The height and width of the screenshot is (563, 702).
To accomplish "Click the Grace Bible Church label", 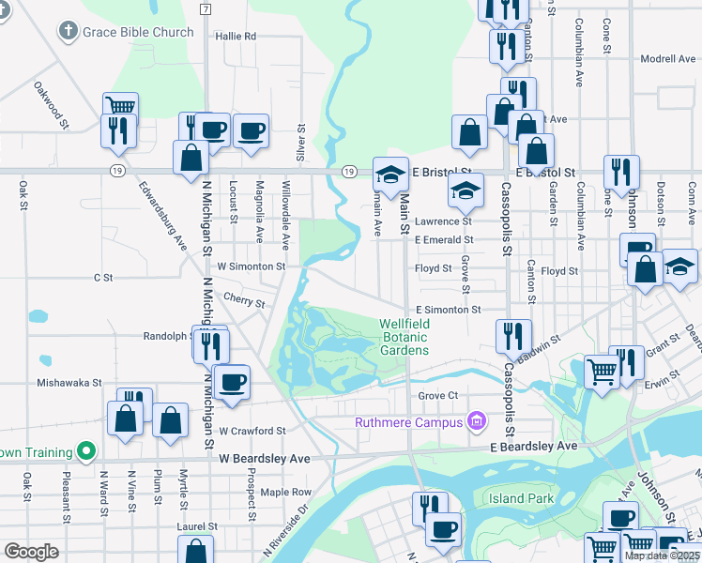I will pos(138,32).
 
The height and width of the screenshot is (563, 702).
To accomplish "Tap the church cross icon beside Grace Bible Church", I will pos(67,32).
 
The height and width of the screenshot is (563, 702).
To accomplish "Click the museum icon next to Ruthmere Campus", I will pos(477,421).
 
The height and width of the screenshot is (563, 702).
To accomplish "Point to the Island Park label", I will pos(520,498).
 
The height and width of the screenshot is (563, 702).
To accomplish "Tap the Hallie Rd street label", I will pos(236,36).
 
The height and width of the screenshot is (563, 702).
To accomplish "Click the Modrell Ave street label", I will pos(667,59).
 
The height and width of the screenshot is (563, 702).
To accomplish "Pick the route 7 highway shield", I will pos(205,8).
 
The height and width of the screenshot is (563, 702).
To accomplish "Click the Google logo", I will pos(31,552).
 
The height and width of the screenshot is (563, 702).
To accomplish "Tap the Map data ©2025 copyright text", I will pos(662,555).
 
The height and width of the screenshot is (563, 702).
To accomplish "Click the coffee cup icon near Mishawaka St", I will pos(232,381).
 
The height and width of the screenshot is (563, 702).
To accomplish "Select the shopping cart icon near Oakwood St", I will pos(120,106).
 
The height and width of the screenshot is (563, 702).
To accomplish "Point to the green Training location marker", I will pos(85,451).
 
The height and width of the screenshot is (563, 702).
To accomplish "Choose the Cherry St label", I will pos(244,299).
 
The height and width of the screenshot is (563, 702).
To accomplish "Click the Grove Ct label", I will pos(437,396).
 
